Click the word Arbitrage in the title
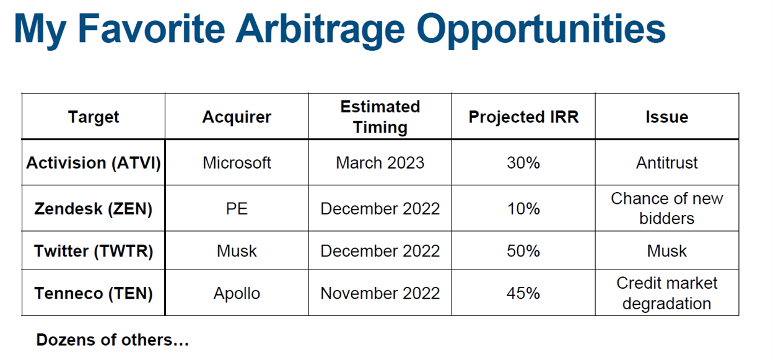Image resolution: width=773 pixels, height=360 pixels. tap(320, 30)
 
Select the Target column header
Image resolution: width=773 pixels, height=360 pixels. tap(94, 117)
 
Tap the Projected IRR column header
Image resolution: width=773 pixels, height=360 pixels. tap(523, 117)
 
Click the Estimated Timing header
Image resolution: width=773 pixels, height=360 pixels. tap(380, 116)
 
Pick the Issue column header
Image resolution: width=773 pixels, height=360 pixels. tap(666, 117)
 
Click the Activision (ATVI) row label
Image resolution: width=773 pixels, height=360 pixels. tap(94, 163)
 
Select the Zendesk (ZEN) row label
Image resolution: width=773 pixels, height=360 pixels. tap(93, 209)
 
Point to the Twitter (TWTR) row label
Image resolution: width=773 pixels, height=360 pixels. tap(94, 251)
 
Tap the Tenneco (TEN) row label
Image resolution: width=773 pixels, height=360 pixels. tap(94, 293)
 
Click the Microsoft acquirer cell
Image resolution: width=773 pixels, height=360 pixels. tap(237, 163)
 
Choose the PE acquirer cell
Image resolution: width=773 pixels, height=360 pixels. tap(237, 209)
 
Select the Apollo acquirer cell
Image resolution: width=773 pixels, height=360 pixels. tap(237, 294)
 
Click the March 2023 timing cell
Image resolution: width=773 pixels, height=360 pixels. tap(380, 163)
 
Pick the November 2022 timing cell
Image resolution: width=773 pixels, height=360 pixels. tap(380, 293)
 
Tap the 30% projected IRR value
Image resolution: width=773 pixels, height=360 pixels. tap(523, 163)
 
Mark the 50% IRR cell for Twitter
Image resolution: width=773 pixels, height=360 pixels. tap(523, 251)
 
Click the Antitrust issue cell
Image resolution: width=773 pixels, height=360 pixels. tap(666, 163)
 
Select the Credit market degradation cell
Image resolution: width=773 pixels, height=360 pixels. tap(666, 293)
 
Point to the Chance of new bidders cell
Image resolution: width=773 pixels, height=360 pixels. tap(666, 208)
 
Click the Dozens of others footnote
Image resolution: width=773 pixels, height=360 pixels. tap(113, 340)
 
